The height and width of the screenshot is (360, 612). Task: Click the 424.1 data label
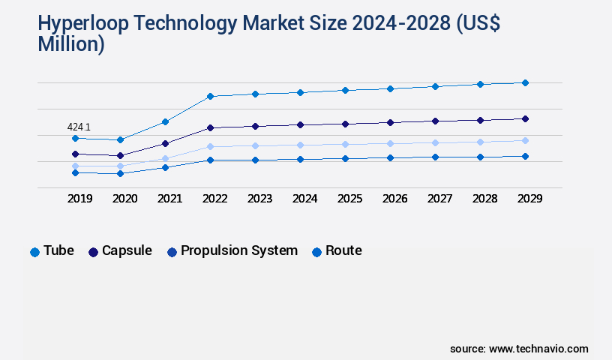click(x=79, y=127)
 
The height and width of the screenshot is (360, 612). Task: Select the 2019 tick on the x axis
click(x=79, y=199)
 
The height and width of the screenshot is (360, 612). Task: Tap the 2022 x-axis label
click(x=214, y=199)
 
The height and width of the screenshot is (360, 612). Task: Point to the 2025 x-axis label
click(x=349, y=199)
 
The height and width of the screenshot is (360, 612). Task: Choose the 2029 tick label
click(x=529, y=199)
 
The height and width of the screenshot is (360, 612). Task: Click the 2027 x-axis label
click(x=439, y=199)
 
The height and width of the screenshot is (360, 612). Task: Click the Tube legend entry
click(x=52, y=251)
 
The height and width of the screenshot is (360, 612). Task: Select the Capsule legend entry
click(x=120, y=251)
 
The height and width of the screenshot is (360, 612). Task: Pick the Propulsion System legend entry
click(x=232, y=251)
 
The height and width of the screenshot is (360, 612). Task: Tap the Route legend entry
click(x=337, y=251)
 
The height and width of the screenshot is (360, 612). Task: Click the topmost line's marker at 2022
click(x=210, y=96)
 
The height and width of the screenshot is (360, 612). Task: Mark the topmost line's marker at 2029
click(x=525, y=82)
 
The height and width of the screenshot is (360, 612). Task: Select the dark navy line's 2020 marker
click(x=120, y=155)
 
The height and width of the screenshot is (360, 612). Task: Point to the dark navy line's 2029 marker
click(x=525, y=118)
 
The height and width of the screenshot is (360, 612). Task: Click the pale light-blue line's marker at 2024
click(x=300, y=145)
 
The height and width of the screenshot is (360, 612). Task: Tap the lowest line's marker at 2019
click(x=75, y=172)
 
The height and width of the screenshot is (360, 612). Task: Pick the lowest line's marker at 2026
click(x=390, y=157)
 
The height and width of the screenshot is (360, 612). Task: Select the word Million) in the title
click(x=71, y=44)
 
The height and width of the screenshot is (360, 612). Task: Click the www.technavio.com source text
click(x=538, y=349)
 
